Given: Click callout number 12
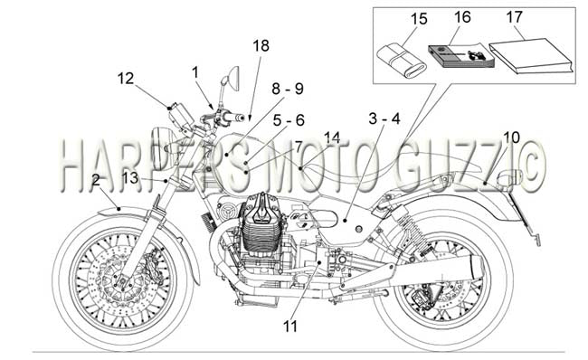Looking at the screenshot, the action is (x=125, y=79).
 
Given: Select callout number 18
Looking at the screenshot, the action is (x=261, y=46).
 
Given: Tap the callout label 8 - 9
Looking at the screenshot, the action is (x=288, y=89).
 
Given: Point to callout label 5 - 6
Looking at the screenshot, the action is (x=289, y=120).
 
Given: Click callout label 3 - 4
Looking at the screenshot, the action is (x=384, y=118).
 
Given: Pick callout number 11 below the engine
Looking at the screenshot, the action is (x=289, y=327).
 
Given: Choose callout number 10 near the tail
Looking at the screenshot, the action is (x=511, y=137).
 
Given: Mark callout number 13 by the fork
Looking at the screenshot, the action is (x=130, y=178).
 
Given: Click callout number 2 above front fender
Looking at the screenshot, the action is (x=96, y=180).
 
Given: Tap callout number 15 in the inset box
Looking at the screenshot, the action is (x=419, y=19).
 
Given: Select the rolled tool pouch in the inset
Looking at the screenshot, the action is (x=402, y=62).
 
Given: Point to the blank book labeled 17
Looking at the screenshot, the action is (x=532, y=55).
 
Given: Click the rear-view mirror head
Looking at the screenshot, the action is (x=234, y=78).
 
